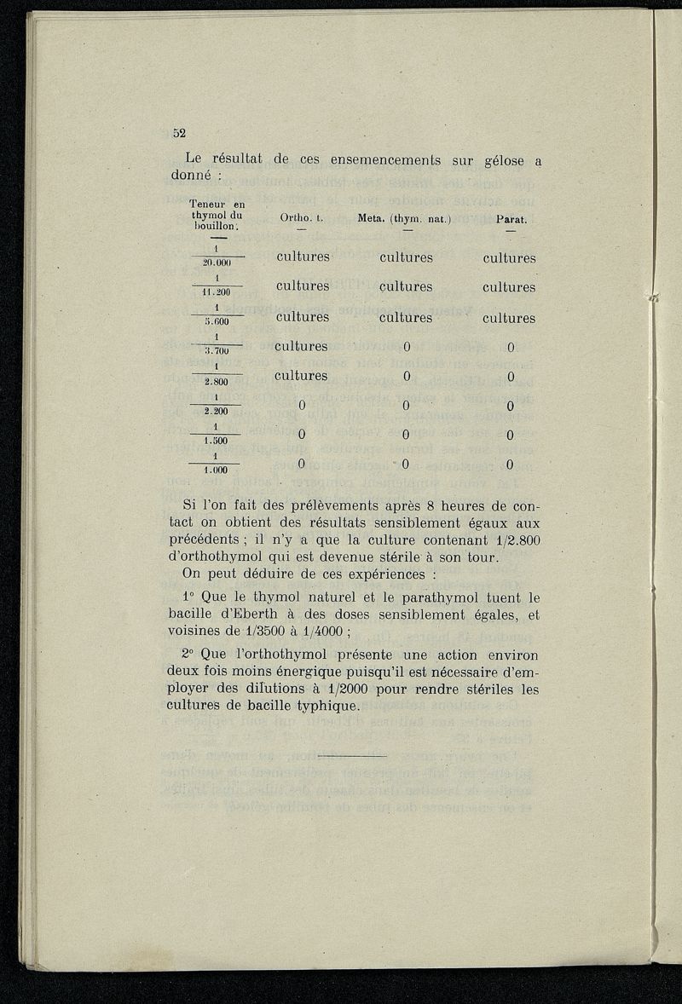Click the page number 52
point(179,133)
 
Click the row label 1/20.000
point(217,256)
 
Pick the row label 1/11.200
point(217,286)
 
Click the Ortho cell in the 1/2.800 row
point(302,376)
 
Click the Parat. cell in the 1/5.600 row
point(509,319)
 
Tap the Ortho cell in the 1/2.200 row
point(302,405)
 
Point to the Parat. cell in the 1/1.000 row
point(509,465)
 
